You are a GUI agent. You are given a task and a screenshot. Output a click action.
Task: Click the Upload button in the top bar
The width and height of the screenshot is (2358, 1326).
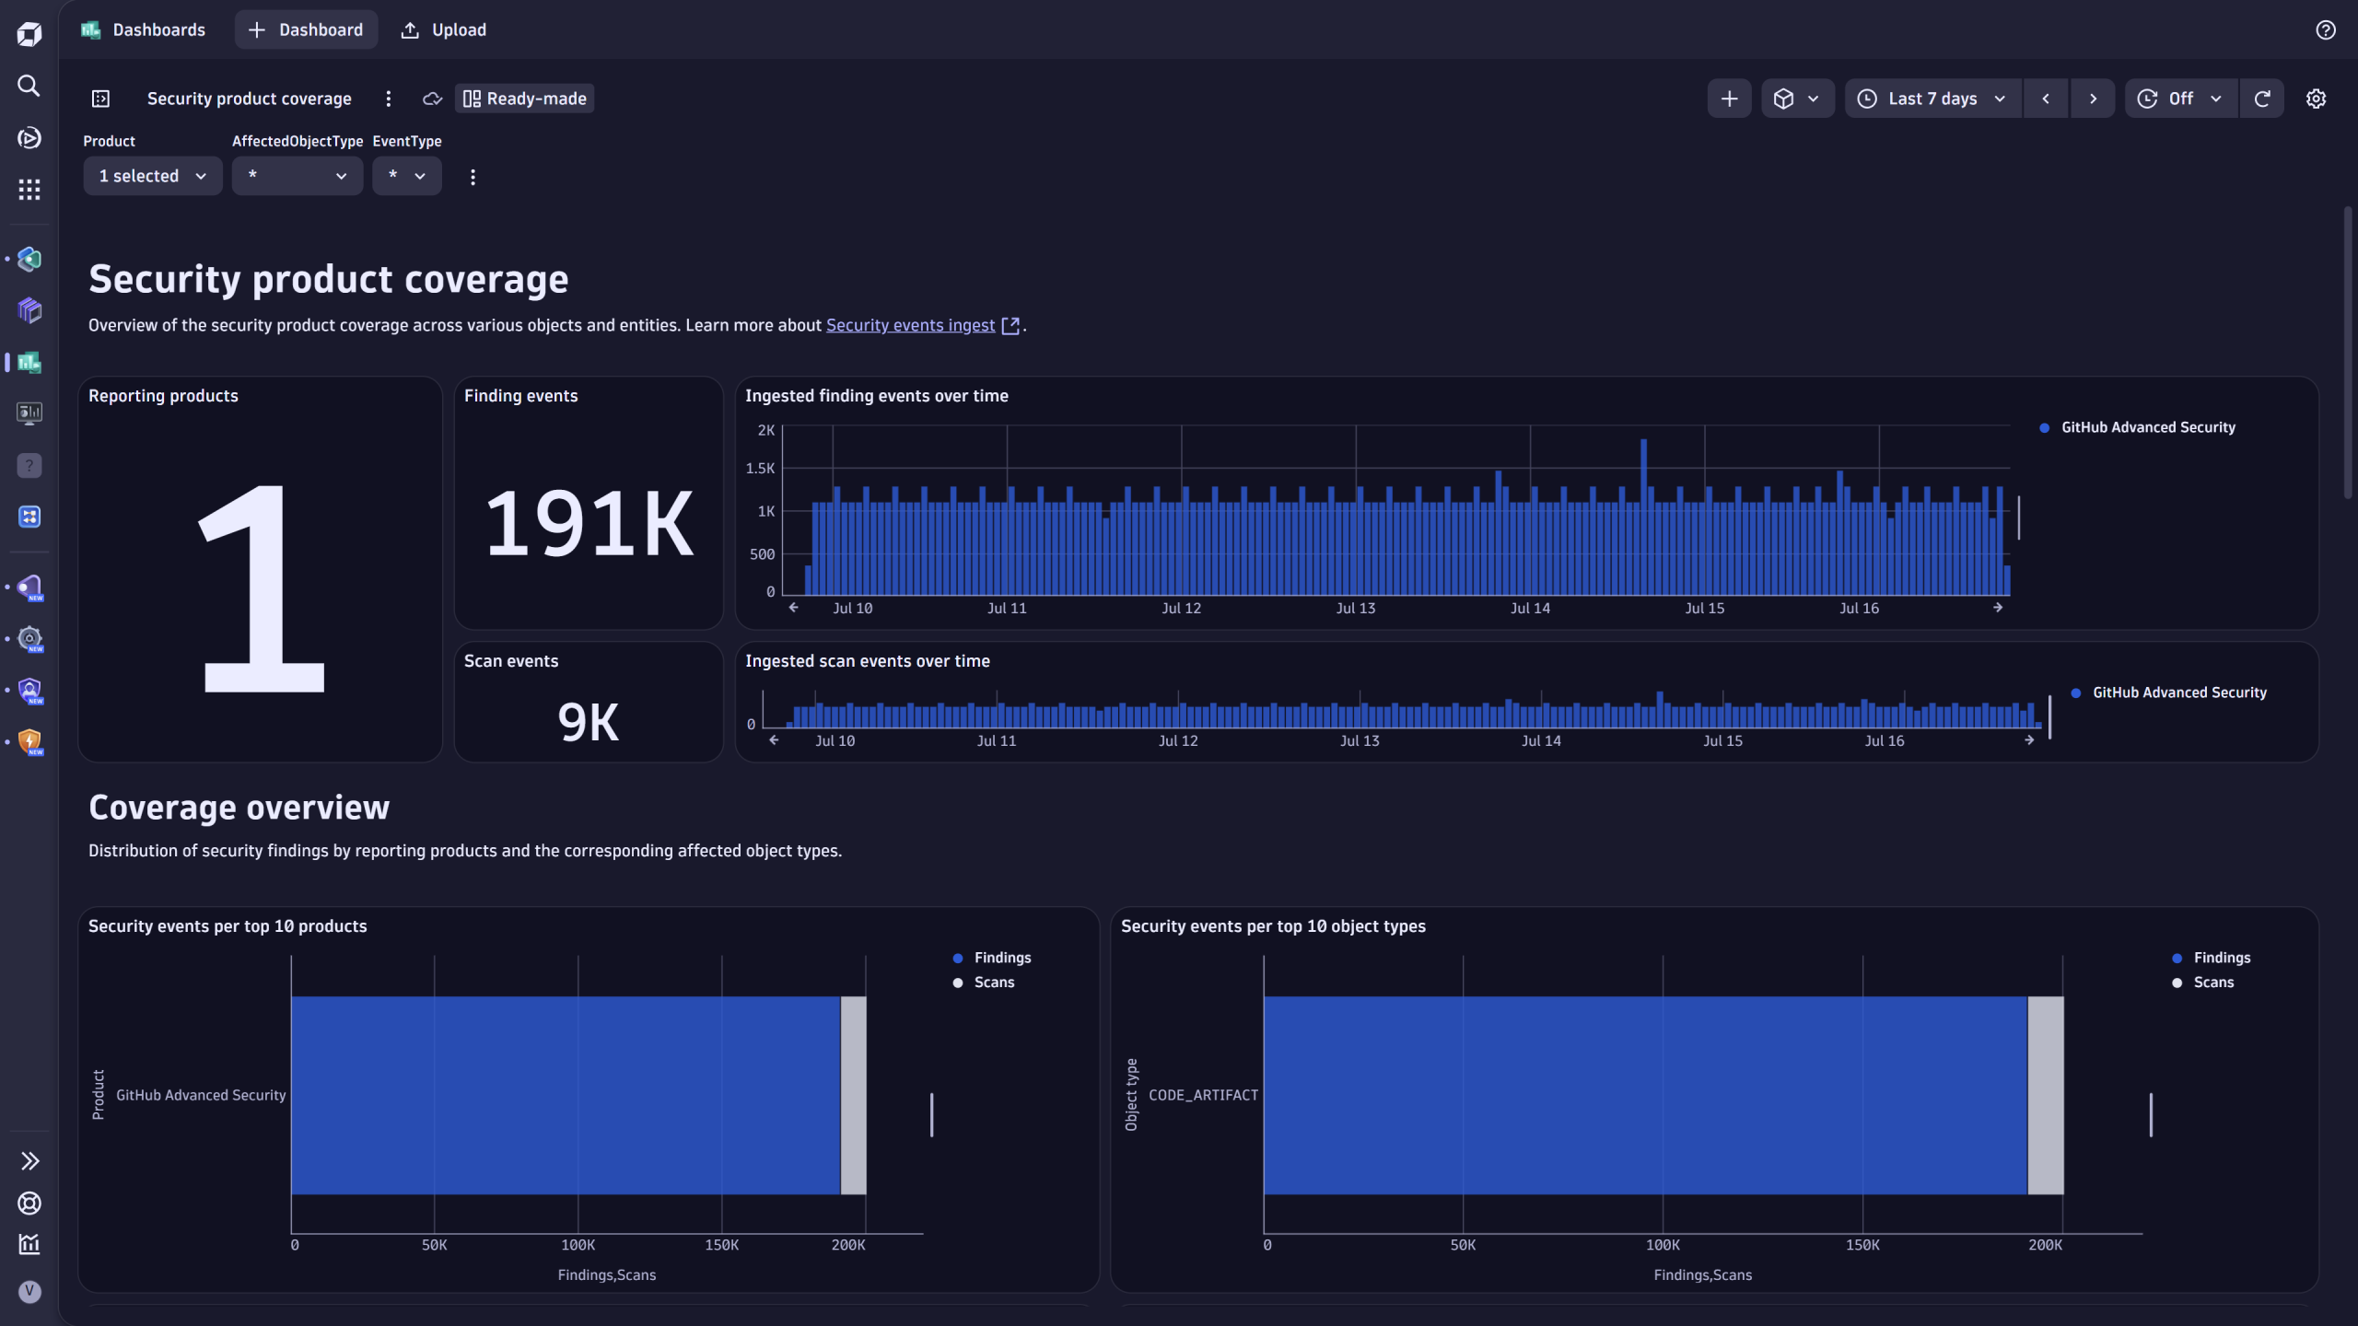444,29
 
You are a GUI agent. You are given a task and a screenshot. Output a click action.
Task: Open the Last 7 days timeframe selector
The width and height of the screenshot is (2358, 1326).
1932,99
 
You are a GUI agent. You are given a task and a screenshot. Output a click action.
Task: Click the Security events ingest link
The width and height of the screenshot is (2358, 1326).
910,325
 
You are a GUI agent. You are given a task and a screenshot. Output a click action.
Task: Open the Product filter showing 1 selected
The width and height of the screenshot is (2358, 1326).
152,176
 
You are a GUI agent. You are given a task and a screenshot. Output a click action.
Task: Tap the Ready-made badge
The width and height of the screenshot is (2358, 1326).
524,99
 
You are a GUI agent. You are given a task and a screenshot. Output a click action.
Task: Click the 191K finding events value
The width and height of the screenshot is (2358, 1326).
589,524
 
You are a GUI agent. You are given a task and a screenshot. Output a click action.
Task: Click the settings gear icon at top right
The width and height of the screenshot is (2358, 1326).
2316,99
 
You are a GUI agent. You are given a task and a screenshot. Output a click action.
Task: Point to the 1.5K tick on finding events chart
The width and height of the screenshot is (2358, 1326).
760,469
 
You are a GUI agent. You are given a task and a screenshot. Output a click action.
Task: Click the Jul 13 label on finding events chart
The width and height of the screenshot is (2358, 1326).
1355,609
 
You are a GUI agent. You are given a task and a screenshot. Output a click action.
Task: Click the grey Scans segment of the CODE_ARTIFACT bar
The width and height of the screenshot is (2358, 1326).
2045,1095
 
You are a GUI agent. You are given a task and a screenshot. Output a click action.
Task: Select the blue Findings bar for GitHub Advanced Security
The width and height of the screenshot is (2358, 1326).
565,1095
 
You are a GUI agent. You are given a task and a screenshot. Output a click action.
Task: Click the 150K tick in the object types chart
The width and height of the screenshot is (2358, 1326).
1862,1245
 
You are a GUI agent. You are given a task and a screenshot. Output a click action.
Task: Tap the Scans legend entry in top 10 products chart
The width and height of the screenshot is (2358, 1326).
993,983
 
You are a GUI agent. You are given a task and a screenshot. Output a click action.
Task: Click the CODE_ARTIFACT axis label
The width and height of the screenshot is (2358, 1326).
1202,1095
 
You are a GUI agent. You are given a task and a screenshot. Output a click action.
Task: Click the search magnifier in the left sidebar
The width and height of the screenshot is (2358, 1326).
29,86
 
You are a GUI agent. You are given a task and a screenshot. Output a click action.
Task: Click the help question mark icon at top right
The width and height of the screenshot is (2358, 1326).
2325,29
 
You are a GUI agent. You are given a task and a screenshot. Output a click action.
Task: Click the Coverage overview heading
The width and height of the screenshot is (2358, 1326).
239,808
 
